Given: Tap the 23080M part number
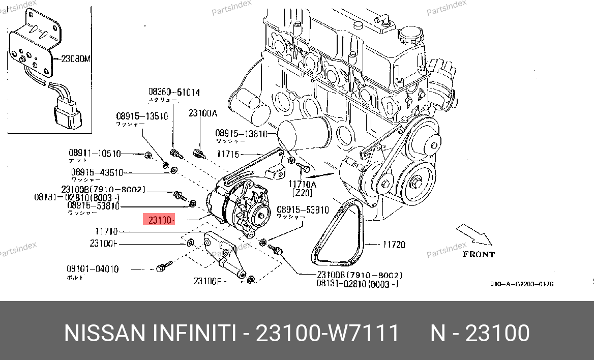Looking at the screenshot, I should click(75, 58).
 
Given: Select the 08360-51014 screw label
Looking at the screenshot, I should click(174, 93).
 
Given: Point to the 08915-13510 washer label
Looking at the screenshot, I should click(142, 116).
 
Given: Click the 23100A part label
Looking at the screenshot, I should click(202, 113).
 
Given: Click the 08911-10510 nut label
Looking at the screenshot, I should click(95, 153).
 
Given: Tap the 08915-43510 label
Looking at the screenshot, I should click(97, 172).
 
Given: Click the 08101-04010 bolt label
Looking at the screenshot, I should click(93, 269).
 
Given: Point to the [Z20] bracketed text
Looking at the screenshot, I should click(302, 193).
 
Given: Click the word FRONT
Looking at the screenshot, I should click(479, 254).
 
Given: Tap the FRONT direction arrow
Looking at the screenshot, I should click(474, 236).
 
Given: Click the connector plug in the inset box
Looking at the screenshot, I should click(67, 110).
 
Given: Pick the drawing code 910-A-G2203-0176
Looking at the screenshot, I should click(522, 284).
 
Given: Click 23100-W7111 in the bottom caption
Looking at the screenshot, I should click(327, 334).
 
